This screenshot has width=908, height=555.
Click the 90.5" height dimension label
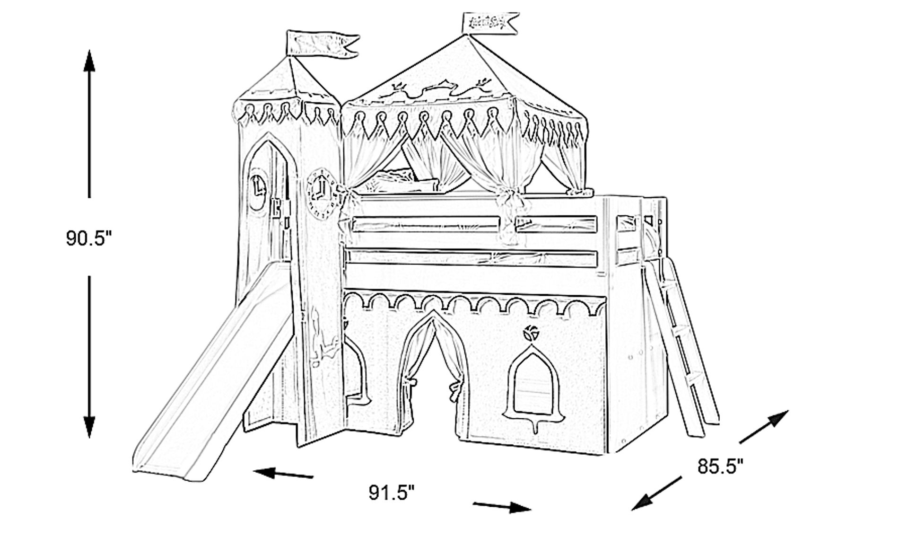click(89, 238)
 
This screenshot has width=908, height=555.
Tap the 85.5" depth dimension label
click(720, 467)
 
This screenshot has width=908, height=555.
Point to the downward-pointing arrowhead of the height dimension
click(89, 426)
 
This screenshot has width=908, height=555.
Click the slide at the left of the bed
click(208, 379)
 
